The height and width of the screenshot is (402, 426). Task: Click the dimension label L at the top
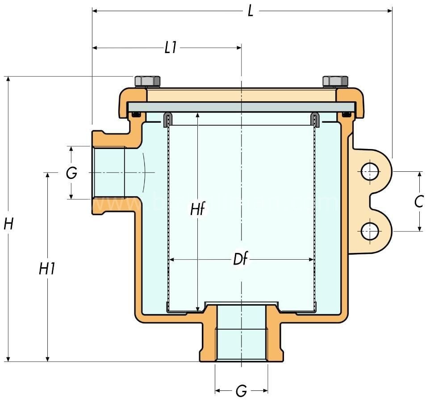pos(251,11)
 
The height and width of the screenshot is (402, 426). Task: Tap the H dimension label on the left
pos(8,223)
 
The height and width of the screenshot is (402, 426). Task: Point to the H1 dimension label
pos(47,269)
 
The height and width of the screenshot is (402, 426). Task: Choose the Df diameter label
pos(241,259)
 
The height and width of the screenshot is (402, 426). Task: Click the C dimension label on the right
pos(418,202)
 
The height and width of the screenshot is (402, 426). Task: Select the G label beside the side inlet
pos(71,173)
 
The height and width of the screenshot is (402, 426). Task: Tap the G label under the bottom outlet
pos(241,391)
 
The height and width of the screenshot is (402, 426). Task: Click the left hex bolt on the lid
pos(147,81)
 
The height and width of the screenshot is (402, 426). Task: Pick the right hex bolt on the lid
pos(335,81)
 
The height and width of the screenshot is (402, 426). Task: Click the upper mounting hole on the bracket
pos(370,172)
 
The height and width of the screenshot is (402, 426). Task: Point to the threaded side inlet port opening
pos(109,172)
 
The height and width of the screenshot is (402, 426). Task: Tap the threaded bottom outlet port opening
pos(241,344)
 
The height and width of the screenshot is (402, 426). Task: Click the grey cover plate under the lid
pos(241,107)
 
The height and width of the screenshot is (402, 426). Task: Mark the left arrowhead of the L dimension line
pos(95,10)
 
